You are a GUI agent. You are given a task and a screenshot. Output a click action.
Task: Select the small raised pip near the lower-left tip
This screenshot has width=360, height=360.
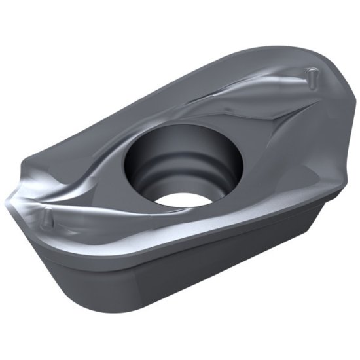(x=46, y=217)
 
